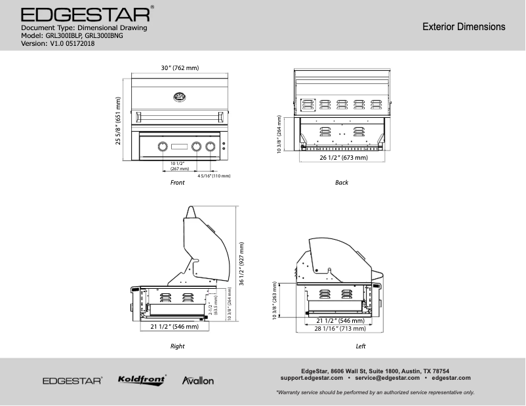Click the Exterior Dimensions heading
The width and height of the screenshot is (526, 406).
(x=463, y=27)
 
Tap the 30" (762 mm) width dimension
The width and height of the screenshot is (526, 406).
(x=180, y=68)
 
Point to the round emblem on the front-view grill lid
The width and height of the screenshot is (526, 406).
(x=178, y=98)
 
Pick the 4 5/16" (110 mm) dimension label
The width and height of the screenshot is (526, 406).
(x=214, y=176)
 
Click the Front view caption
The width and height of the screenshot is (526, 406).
(x=177, y=183)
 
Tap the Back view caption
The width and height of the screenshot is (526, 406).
(x=342, y=183)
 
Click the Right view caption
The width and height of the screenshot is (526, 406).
(x=177, y=346)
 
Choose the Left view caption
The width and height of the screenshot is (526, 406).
(x=360, y=346)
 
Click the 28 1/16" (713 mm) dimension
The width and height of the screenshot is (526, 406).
(x=340, y=329)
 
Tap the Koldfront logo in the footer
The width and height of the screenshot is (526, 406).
(x=142, y=380)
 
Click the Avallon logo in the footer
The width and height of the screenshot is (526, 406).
(x=197, y=380)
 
